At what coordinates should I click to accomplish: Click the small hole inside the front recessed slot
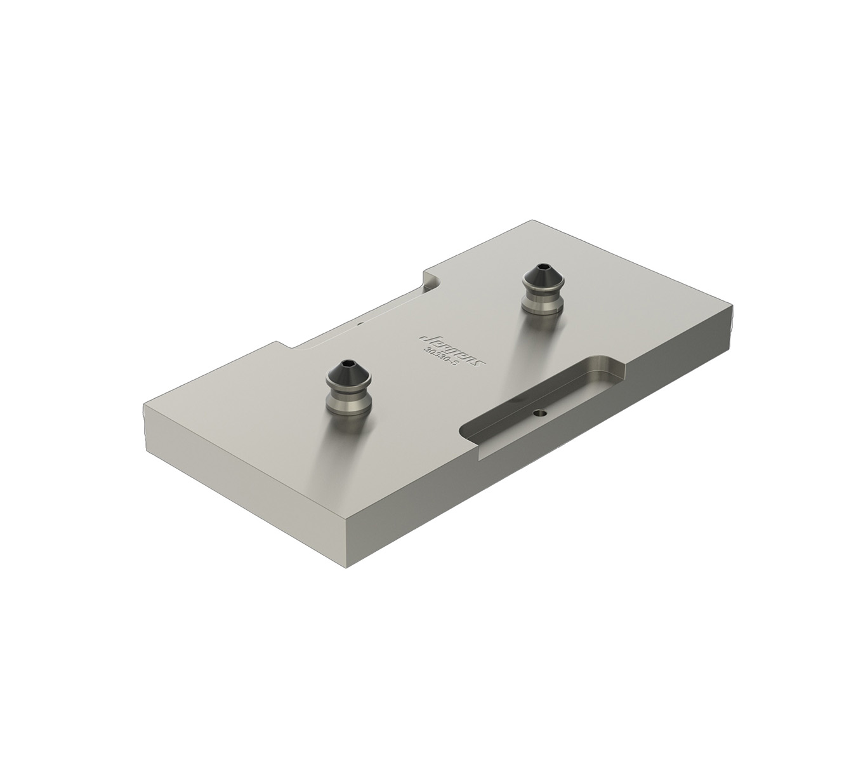(539, 413)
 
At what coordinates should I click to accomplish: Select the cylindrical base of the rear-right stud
(543, 303)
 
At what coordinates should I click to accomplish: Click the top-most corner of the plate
(532, 221)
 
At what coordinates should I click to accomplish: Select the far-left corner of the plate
(144, 406)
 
